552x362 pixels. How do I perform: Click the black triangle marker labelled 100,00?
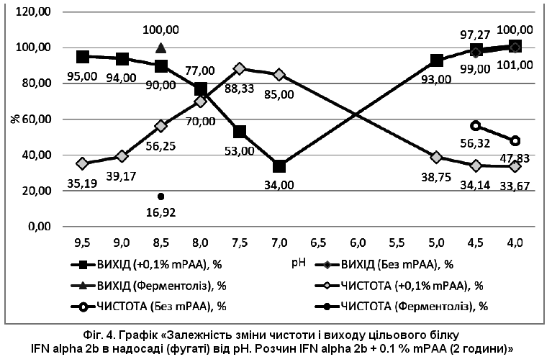click(161, 48)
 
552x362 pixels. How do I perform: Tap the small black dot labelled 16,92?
click(161, 196)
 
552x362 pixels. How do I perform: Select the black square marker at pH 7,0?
click(279, 166)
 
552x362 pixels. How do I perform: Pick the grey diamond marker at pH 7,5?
click(240, 68)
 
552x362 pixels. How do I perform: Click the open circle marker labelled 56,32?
click(476, 126)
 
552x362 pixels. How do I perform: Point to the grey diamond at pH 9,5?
click(83, 163)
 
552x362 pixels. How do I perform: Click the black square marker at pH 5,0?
click(437, 60)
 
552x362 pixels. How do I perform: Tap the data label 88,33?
click(239, 89)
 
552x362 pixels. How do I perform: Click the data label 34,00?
click(279, 185)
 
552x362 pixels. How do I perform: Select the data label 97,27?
click(475, 35)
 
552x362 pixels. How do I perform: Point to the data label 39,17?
click(122, 176)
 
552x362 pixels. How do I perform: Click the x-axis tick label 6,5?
click(318, 243)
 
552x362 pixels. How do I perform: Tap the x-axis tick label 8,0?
click(200, 243)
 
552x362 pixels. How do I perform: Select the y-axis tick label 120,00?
click(33, 12)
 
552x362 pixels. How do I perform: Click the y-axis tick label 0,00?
click(40, 227)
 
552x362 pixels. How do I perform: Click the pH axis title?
click(298, 263)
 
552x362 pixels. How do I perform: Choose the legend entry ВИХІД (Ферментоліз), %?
click(148, 286)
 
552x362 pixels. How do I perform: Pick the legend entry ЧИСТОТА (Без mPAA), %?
click(148, 307)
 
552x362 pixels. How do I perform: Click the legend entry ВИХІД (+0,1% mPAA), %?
click(146, 264)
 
